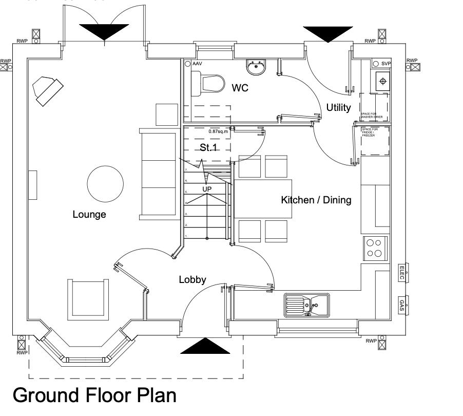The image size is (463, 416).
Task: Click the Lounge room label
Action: (89, 214)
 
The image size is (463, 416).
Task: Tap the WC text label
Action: (240, 88)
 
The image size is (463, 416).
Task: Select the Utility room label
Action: (338, 107)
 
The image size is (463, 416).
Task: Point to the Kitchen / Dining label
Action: (316, 200)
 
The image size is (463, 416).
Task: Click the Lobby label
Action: (192, 279)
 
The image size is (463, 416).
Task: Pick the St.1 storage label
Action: (208, 147)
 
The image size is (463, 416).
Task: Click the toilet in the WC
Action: (208, 83)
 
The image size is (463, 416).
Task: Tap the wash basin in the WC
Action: (255, 66)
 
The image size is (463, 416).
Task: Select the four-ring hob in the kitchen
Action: (375, 248)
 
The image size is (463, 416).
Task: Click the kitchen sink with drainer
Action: (307, 306)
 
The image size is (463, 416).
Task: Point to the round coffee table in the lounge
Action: (105, 183)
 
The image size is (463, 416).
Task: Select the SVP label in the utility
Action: (386, 63)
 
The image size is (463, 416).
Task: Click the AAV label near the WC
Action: (197, 64)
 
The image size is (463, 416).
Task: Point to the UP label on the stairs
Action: (207, 189)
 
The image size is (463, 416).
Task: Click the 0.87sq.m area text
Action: (218, 131)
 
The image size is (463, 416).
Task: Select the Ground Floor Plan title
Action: (94, 395)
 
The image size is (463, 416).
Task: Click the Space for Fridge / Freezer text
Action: (369, 132)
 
